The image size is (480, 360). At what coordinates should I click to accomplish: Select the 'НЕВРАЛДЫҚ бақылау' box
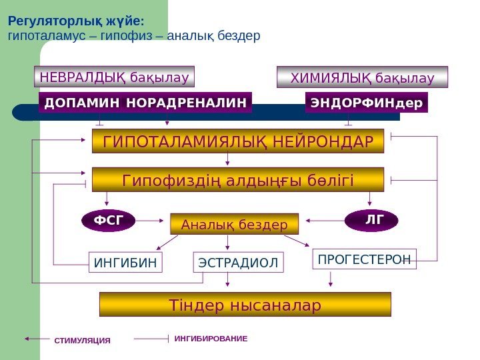(114, 77)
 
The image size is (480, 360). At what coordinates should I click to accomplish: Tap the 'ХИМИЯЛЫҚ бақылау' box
(362, 77)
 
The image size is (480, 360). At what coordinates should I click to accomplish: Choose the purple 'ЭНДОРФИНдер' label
(366, 103)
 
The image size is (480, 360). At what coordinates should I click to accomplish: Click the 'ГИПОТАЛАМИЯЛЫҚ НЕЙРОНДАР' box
(237, 141)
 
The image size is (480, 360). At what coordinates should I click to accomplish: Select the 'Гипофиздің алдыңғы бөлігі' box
(237, 180)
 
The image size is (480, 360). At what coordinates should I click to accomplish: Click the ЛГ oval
(371, 219)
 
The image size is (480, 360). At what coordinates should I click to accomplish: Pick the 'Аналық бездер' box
(235, 225)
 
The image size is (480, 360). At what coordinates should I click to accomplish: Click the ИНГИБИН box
(125, 263)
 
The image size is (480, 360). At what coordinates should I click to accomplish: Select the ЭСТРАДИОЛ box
(238, 263)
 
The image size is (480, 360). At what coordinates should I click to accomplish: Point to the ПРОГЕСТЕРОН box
(364, 259)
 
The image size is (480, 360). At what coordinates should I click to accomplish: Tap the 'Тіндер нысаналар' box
(245, 305)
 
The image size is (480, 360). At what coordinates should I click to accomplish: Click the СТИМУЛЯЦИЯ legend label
(82, 340)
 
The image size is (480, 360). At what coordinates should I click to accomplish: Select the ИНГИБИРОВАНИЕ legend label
(211, 339)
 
